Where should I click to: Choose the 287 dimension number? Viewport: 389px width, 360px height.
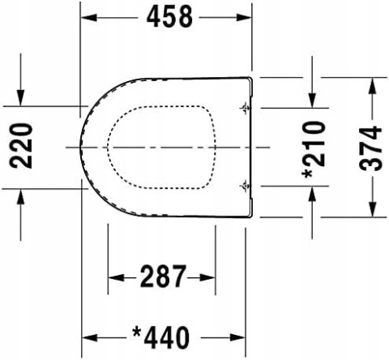tap(162, 278)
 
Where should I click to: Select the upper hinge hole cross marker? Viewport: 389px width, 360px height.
tap(244, 107)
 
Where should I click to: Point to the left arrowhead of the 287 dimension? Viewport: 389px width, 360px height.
tap(114, 278)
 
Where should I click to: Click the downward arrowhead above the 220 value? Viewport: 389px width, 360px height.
tap(21, 100)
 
